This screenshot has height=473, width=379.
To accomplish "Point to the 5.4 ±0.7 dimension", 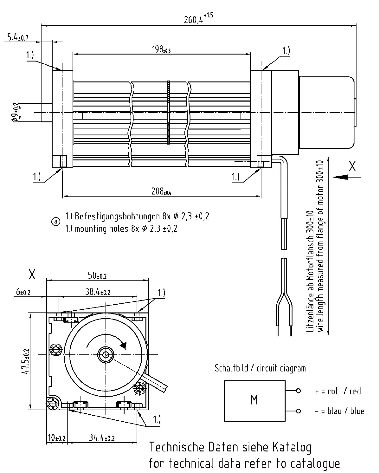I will (17, 37).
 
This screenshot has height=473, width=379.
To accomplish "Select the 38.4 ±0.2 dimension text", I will (98, 292).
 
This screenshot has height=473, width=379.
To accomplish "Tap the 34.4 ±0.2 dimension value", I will (101, 438).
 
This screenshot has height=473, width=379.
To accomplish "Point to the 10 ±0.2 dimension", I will (56, 438).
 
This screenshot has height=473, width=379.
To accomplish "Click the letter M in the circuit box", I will (254, 400).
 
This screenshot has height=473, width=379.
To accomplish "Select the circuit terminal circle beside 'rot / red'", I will (298, 391).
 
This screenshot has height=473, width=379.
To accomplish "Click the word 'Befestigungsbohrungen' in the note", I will (116, 217).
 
